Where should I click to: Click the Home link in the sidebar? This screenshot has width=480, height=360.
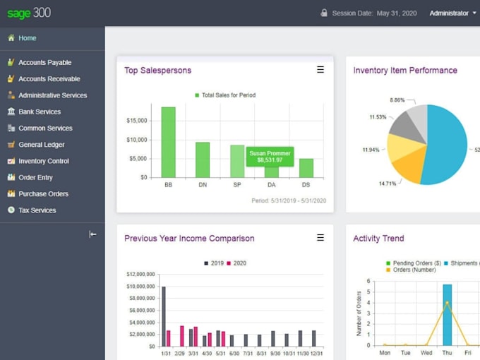(x=27, y=38)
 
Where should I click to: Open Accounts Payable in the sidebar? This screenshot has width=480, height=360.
(x=44, y=63)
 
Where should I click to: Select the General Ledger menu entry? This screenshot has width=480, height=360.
(x=40, y=145)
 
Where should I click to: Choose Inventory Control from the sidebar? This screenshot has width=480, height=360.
(x=43, y=161)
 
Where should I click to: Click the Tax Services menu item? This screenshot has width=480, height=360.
(x=37, y=210)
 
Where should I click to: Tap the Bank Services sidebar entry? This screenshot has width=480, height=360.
(x=39, y=112)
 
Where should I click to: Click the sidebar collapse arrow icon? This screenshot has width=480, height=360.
(x=92, y=234)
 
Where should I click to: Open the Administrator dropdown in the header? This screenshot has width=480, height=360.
(x=452, y=13)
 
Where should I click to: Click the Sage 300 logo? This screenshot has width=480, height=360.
(x=29, y=13)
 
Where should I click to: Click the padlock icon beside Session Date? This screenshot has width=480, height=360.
(x=324, y=13)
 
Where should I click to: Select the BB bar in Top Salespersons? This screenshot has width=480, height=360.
(x=168, y=142)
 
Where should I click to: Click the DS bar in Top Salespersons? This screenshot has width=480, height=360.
(x=306, y=168)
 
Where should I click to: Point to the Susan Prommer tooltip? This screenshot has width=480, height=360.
(x=270, y=156)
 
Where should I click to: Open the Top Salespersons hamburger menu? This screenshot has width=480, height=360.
(x=320, y=70)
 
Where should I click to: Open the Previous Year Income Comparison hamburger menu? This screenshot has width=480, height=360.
(x=320, y=238)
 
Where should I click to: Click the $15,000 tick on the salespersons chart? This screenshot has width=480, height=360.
(x=136, y=121)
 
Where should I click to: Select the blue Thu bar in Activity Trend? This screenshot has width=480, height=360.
(x=448, y=315)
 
